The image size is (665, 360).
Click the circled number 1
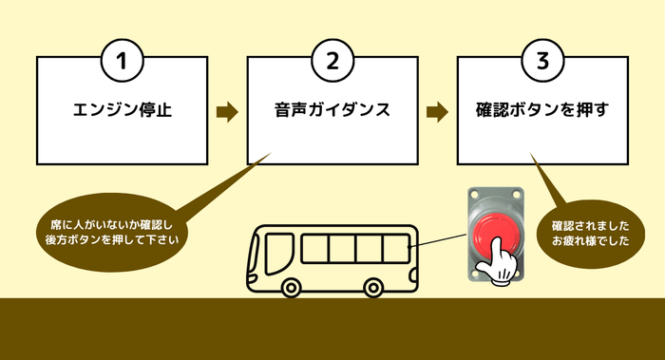122,61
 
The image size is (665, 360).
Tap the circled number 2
332,61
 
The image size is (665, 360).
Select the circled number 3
541,61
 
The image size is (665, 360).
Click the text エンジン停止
122,110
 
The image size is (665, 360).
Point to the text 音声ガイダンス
332,110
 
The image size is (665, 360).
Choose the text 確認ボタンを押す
541,110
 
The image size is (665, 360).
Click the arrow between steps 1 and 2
226,111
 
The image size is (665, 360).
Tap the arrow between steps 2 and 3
436,111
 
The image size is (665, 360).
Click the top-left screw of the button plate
474,194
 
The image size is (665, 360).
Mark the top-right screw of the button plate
518,194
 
